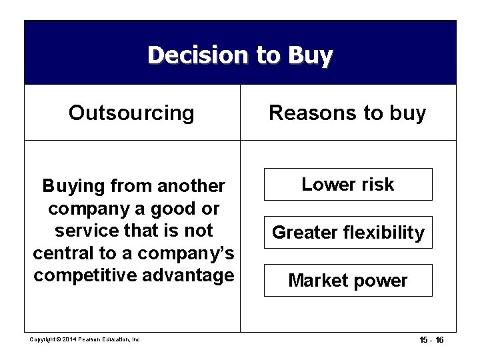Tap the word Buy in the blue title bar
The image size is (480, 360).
coord(308,55)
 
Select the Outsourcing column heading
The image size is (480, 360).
coord(131,113)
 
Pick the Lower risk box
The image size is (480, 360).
coord(348,185)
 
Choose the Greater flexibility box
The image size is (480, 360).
coord(348,233)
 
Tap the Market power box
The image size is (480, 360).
coord(348,281)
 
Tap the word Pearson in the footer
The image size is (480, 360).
coord(91,339)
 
